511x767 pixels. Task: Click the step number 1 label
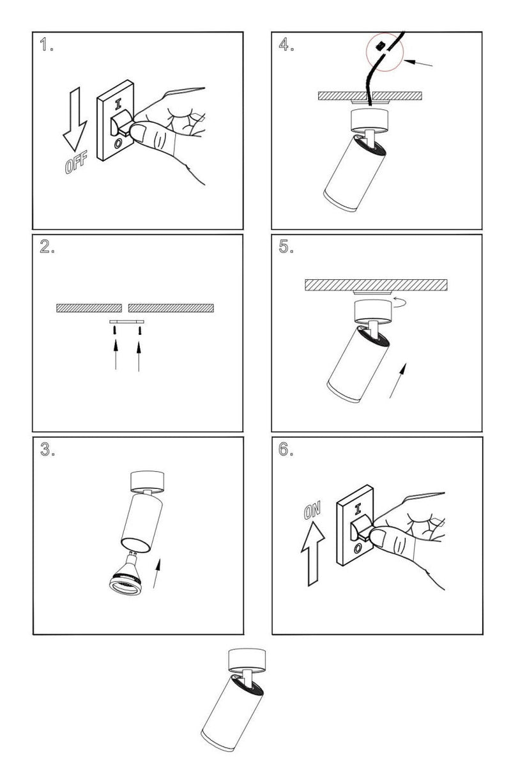46,45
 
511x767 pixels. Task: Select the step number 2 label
46,248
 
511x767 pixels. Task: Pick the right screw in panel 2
139,330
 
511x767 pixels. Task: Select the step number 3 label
46,450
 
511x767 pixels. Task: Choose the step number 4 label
286,45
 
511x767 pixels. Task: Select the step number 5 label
286,248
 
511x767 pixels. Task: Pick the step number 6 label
286,450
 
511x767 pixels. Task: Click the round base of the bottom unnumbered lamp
246,659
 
